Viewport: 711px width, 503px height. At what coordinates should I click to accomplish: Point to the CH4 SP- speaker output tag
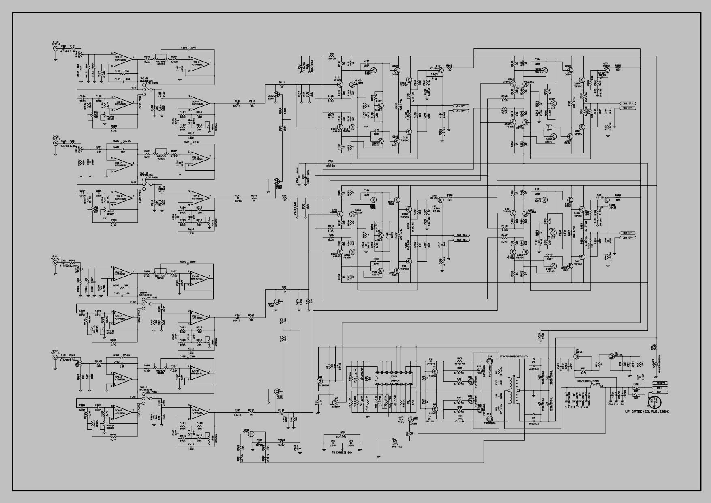coord(629,238)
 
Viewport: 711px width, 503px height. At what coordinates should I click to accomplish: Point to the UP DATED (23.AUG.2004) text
coord(647,411)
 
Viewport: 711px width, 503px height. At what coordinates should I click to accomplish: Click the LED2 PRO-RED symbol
coord(392,440)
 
